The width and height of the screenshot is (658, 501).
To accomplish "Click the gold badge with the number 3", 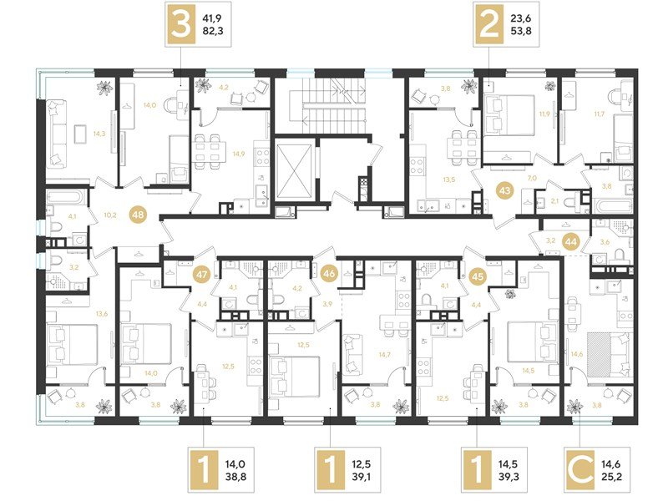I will pos(179,25).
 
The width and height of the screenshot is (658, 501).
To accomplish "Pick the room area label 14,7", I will pos(385,354).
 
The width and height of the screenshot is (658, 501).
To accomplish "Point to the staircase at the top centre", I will pos(337,103).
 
